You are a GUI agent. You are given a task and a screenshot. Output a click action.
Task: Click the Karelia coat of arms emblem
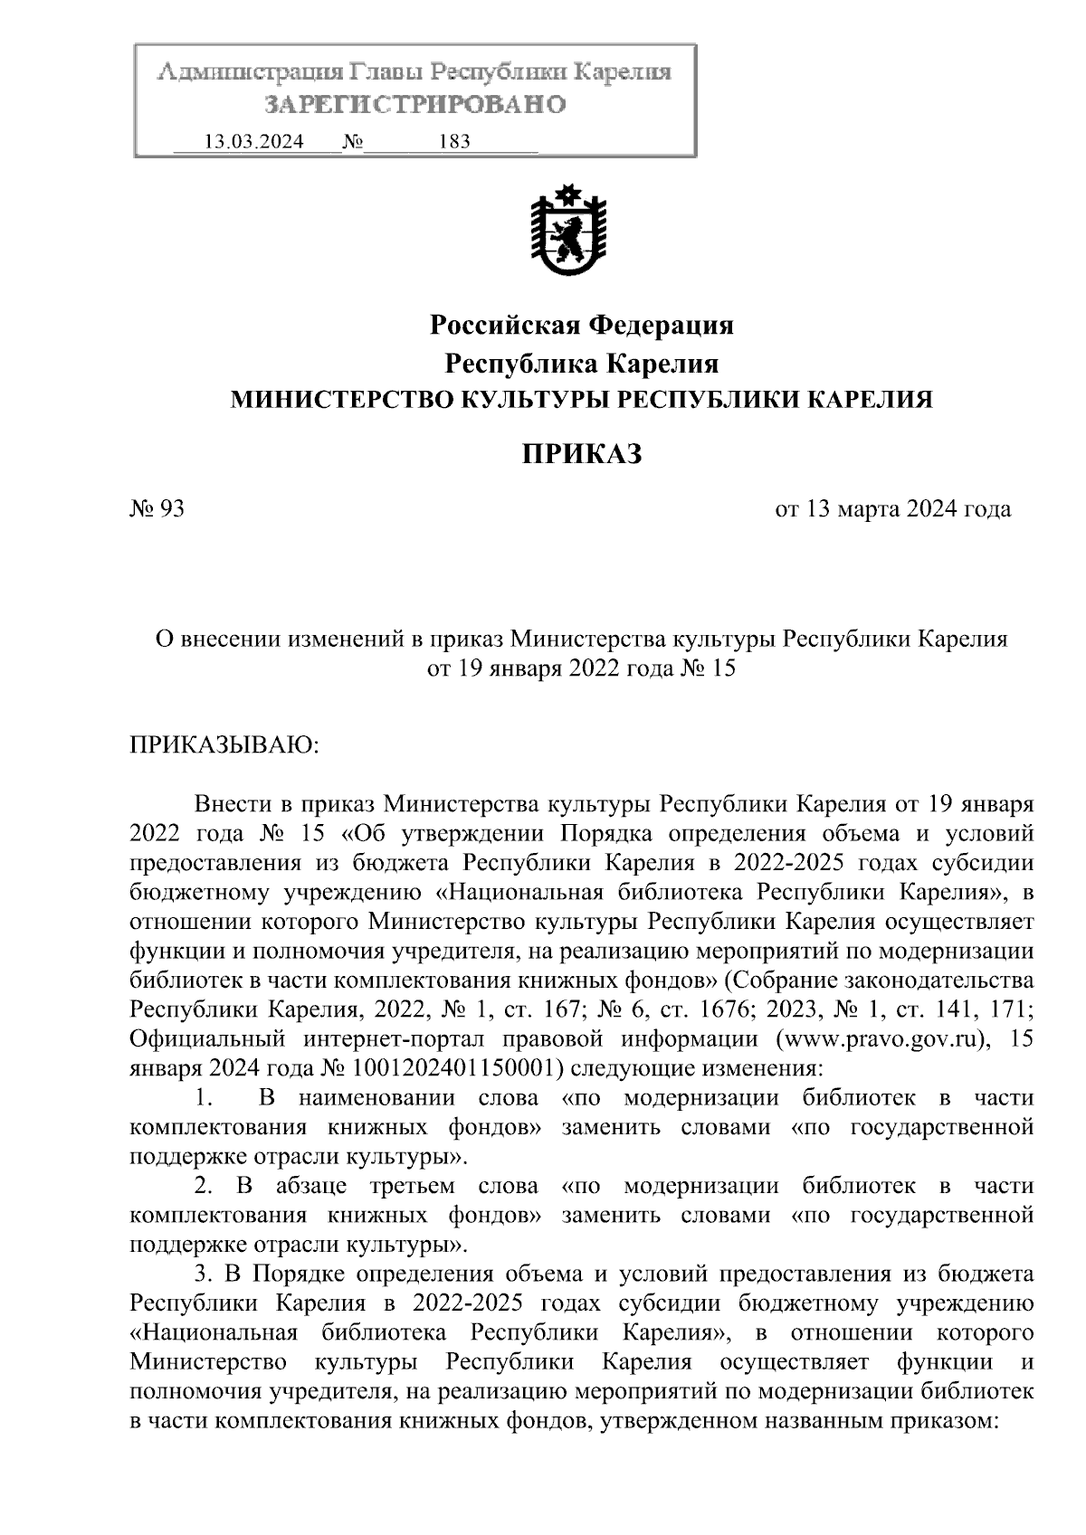567,232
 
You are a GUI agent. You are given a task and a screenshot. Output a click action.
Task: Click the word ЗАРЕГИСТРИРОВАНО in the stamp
414,104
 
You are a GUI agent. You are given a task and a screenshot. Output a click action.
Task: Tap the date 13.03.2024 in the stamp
254,142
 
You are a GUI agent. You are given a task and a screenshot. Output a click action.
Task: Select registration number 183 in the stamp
453,142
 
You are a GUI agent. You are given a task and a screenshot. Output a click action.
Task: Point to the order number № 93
157,509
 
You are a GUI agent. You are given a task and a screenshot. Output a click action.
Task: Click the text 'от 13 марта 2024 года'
892,509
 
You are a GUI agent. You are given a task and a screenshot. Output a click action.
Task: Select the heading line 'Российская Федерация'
580,324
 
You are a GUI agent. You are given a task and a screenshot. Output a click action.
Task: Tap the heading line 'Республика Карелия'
580,364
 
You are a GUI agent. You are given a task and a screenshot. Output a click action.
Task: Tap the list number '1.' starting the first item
205,1098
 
